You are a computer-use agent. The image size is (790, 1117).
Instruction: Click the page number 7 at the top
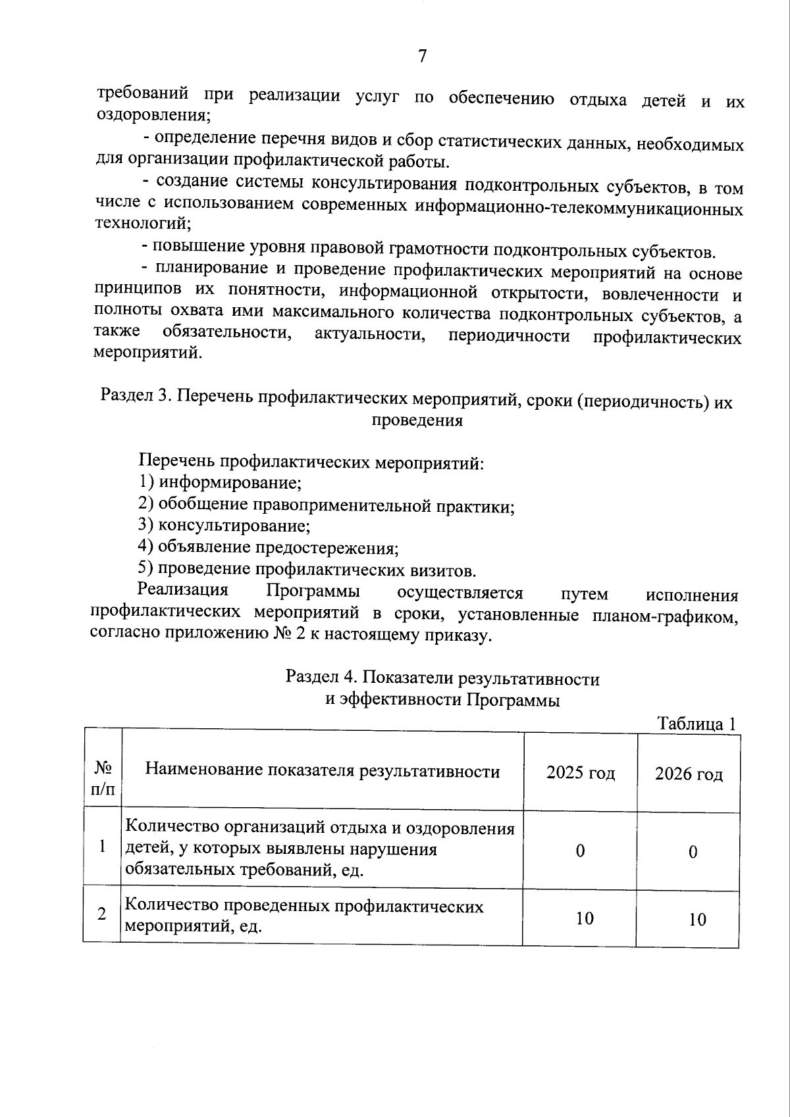[422, 57]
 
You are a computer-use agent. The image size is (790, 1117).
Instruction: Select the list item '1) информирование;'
[220, 482]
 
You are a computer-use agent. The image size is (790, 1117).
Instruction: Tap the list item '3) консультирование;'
[224, 525]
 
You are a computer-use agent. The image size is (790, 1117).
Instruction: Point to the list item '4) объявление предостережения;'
[269, 547]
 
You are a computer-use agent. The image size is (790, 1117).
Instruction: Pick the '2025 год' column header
[580, 772]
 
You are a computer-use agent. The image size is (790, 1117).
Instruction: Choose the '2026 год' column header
[689, 774]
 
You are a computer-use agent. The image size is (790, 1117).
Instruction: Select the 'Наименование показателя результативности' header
[322, 770]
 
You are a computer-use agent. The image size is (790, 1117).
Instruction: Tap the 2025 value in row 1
[580, 851]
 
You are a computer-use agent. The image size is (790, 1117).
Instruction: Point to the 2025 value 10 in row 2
[584, 918]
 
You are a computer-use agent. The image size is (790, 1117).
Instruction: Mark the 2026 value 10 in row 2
[697, 919]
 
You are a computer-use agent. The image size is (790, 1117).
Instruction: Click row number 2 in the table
[102, 914]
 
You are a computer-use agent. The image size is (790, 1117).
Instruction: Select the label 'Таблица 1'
[697, 724]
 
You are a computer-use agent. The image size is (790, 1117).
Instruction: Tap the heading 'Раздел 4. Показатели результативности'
[442, 678]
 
